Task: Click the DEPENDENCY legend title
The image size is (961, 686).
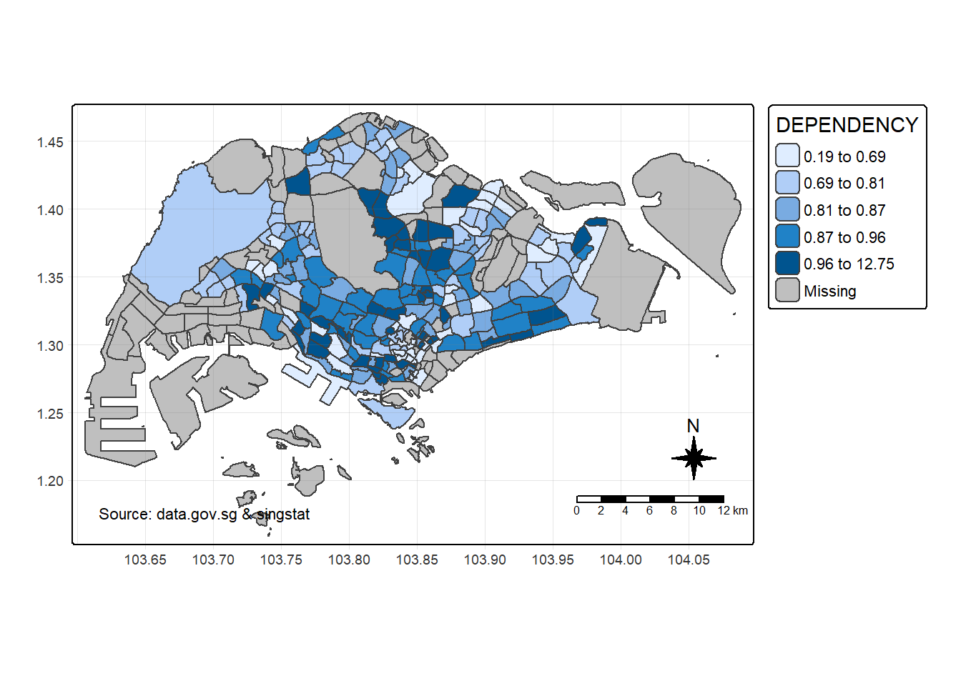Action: [847, 125]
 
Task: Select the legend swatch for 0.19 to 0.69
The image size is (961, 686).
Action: [787, 156]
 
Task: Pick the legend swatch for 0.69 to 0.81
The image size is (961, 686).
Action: [787, 183]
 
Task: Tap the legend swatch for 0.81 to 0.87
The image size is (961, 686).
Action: [787, 210]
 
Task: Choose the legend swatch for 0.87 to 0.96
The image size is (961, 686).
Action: [787, 237]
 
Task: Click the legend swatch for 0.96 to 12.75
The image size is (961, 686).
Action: [787, 264]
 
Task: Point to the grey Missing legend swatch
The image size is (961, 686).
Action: [787, 291]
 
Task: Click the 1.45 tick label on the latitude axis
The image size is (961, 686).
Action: [50, 142]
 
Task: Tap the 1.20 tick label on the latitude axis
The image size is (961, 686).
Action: [50, 481]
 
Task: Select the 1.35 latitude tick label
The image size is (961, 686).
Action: [50, 278]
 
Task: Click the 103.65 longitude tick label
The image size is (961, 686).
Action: [145, 560]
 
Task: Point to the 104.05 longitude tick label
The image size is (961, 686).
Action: [689, 560]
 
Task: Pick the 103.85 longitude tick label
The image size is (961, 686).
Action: [417, 560]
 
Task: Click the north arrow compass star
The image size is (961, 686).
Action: [694, 458]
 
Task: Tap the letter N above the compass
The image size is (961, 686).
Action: [693, 426]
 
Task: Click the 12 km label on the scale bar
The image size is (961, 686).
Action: [733, 510]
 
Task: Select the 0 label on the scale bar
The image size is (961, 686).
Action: [576, 510]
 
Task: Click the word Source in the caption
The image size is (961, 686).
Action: [124, 514]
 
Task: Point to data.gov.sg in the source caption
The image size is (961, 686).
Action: [197, 514]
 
